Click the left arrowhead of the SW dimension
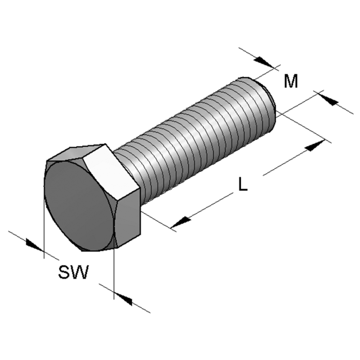pyautogui.click(x=33, y=244)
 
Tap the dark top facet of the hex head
pyautogui.click(x=76, y=152)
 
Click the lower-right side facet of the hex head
pyautogui.click(x=130, y=220)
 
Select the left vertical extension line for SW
pyautogui.click(x=44, y=225)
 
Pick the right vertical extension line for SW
pyautogui.click(x=114, y=270)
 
